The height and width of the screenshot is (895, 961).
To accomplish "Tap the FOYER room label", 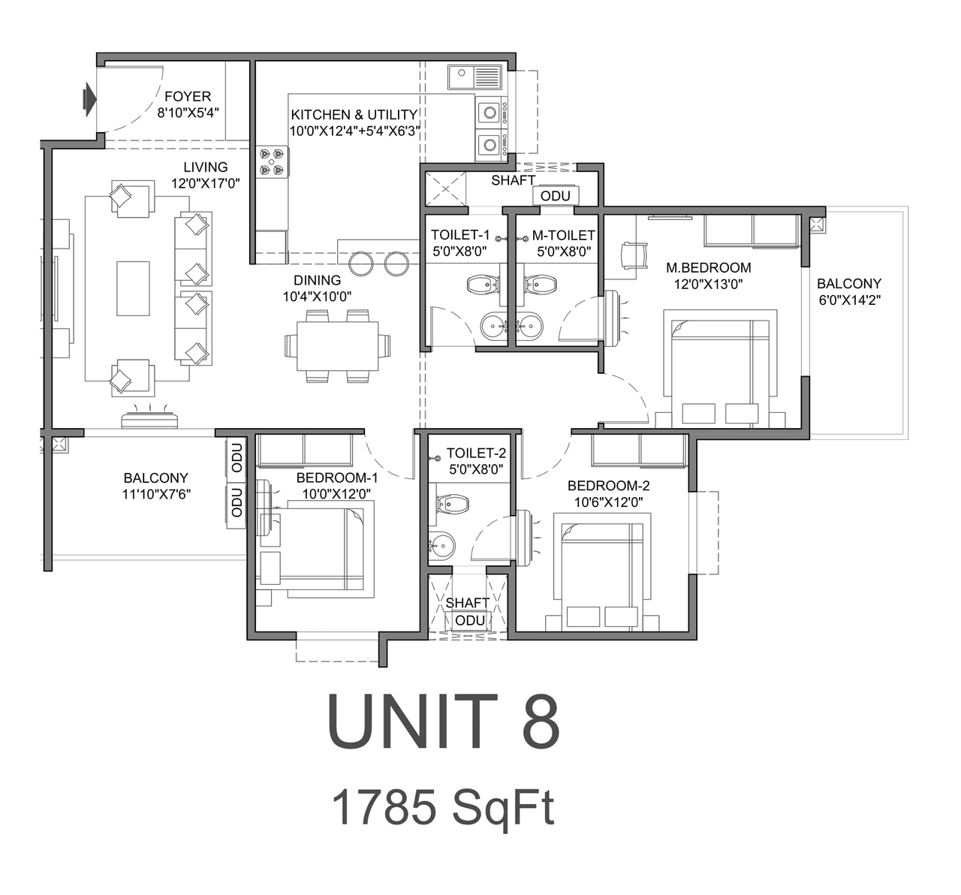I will click(x=188, y=96).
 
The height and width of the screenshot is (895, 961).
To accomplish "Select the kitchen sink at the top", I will click(x=474, y=77).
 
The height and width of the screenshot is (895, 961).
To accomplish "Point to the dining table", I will click(x=338, y=345).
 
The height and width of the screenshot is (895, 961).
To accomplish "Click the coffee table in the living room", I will click(x=133, y=288).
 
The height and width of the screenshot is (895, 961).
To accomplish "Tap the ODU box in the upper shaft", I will click(x=556, y=196).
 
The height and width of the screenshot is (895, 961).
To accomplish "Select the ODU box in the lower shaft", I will click(x=470, y=620).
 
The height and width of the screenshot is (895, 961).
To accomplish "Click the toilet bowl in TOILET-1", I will click(x=482, y=284).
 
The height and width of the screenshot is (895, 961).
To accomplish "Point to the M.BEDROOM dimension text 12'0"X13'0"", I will click(x=709, y=284).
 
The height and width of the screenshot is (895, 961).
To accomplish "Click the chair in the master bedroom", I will click(x=634, y=255).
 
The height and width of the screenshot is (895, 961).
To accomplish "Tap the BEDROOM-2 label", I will click(x=608, y=486).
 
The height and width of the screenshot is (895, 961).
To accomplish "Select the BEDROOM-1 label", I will click(x=337, y=478).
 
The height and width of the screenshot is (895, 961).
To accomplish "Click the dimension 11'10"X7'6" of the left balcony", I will click(x=155, y=494).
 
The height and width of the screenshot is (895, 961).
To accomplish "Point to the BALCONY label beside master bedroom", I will click(x=849, y=284).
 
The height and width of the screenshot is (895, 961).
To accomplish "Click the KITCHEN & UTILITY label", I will click(x=354, y=115).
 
